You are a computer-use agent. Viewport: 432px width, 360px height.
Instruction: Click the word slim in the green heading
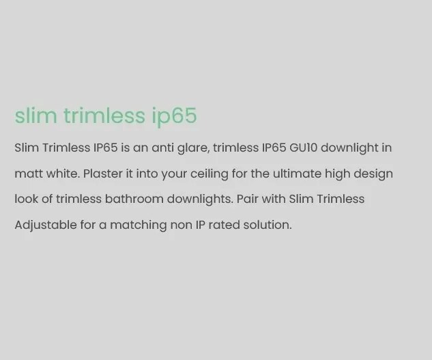[x=35, y=115]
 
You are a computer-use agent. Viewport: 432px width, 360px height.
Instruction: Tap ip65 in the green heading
[x=174, y=117]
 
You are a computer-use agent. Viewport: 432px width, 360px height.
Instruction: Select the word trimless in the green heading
[x=104, y=115]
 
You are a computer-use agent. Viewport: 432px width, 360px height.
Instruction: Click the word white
[x=63, y=174]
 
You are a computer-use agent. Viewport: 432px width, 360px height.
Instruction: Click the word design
[x=375, y=174]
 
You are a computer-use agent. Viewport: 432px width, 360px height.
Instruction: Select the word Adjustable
[x=44, y=225]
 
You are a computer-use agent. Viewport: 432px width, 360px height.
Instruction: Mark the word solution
[x=269, y=225]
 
